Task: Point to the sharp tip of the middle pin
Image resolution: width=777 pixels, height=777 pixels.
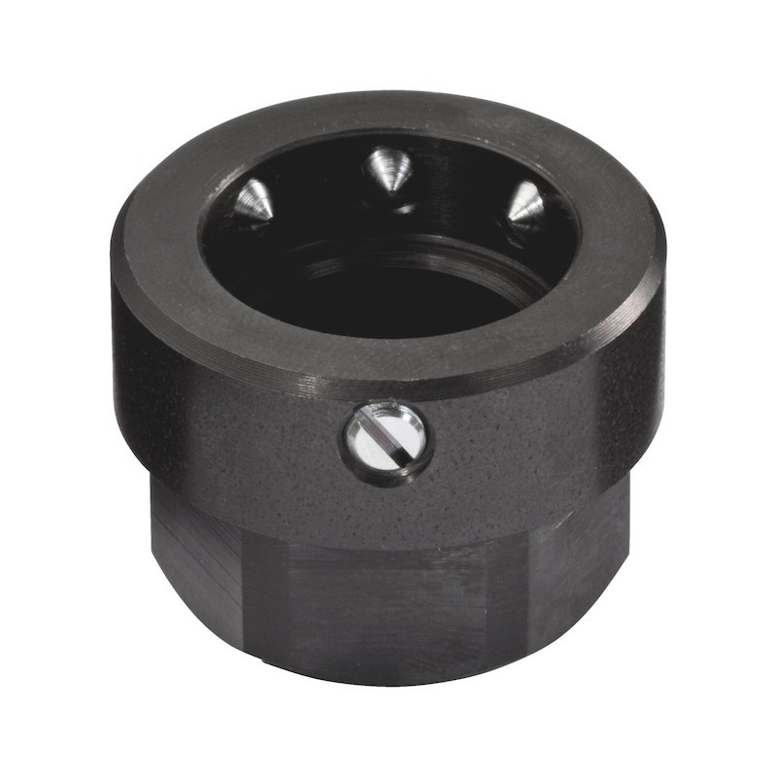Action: [x=392, y=192]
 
